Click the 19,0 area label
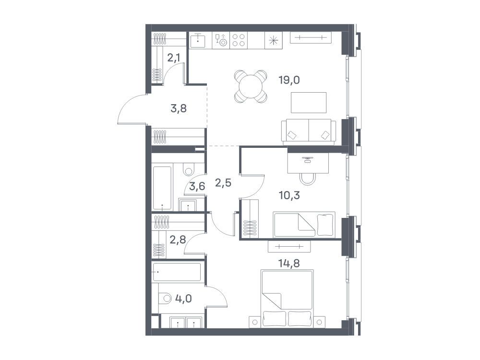point(289,80)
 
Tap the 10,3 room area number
point(289,195)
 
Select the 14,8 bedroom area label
point(289,263)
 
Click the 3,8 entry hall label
point(179,108)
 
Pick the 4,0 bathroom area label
point(183,298)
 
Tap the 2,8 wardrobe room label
point(178,240)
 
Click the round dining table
point(251,86)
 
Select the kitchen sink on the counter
point(198,40)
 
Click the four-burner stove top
point(239,40)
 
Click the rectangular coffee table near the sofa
point(309,103)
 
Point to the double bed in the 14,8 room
point(287,299)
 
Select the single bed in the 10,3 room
point(304,224)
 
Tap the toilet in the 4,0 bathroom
point(165,298)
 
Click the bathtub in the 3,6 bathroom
point(162,188)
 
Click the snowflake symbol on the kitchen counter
point(273,40)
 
